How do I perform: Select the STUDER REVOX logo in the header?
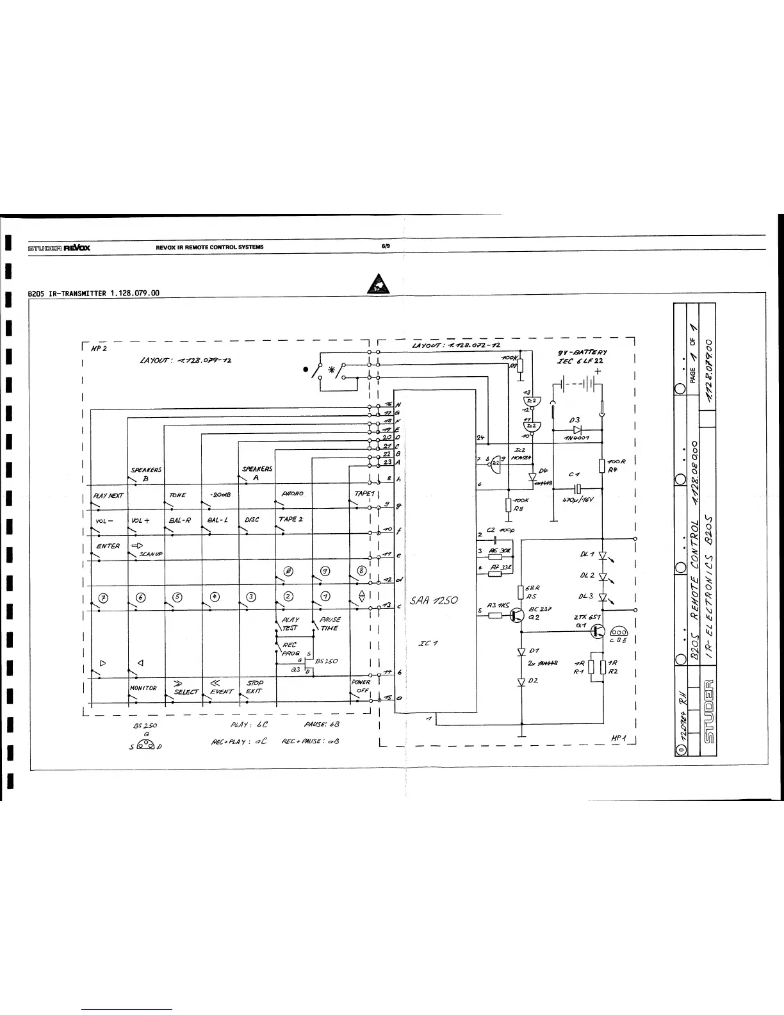click(x=58, y=247)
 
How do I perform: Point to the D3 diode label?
click(x=575, y=420)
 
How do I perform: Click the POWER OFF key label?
click(x=361, y=686)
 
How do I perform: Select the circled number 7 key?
click(x=102, y=598)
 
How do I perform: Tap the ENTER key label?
click(x=108, y=546)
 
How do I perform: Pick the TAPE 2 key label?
click(x=290, y=519)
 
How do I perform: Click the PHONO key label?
click(x=292, y=494)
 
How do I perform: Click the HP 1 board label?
click(x=619, y=738)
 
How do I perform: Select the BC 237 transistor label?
click(x=541, y=609)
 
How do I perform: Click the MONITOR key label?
click(x=143, y=688)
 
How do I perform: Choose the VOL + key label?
click(x=140, y=521)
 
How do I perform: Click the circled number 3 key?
click(x=252, y=597)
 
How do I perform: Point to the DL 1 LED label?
click(x=587, y=554)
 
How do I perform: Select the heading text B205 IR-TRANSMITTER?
click(x=94, y=293)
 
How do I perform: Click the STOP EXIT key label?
click(x=254, y=687)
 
